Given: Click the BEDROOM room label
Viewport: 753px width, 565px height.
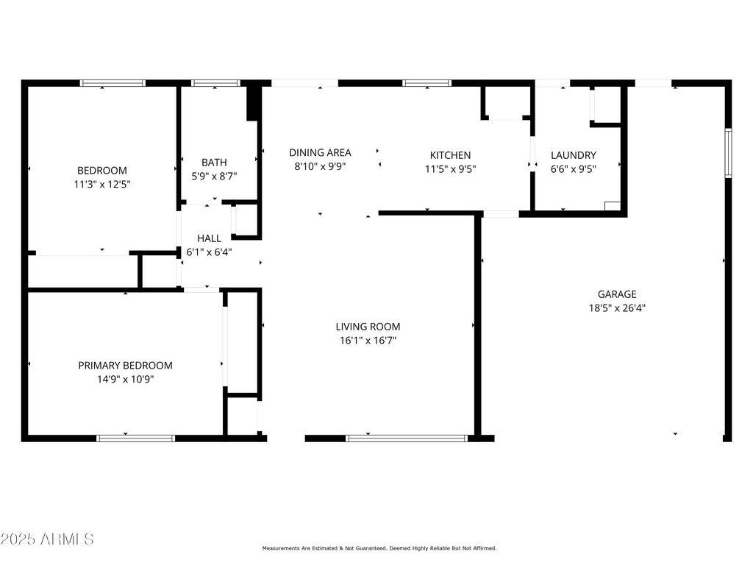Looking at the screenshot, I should (x=102, y=170).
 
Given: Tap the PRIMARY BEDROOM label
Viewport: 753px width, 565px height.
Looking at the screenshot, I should (x=126, y=365).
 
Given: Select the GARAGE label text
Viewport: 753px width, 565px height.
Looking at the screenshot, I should (x=616, y=294).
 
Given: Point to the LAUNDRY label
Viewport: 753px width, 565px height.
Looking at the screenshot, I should (x=573, y=155).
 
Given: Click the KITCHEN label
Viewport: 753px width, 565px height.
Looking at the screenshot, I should (x=450, y=155).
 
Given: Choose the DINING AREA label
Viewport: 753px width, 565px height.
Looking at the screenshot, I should (x=320, y=152).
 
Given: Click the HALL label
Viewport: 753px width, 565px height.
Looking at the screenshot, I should (x=209, y=238).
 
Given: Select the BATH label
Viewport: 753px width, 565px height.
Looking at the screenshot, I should (x=214, y=162).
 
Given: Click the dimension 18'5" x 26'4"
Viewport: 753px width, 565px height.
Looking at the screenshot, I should (x=616, y=308).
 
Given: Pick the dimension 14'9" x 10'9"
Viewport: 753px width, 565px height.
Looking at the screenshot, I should (x=126, y=379).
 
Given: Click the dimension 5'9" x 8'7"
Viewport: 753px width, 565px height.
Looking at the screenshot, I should (x=214, y=176).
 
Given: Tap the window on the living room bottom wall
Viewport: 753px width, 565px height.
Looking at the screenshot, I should (x=406, y=438).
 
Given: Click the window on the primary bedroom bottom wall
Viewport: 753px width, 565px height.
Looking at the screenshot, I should (x=135, y=438).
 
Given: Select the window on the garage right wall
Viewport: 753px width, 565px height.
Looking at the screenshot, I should (x=728, y=153).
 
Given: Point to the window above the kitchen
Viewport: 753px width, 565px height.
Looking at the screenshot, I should (x=427, y=83).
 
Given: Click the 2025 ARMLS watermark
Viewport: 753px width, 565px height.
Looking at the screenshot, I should (x=47, y=539).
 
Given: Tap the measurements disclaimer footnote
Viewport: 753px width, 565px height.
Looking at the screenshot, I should (x=379, y=548).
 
